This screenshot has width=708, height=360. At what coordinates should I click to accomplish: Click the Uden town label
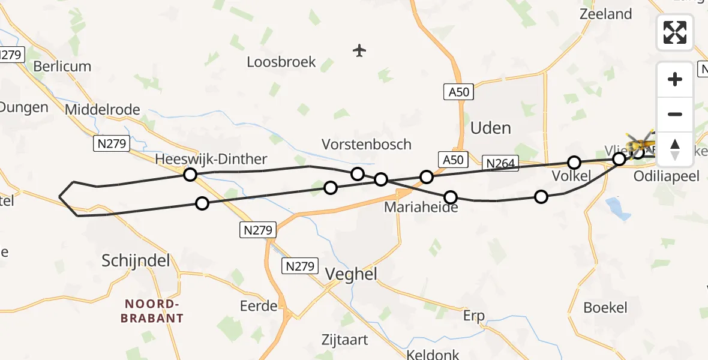click(x=491, y=128)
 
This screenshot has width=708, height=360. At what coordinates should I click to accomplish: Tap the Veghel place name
click(x=351, y=274)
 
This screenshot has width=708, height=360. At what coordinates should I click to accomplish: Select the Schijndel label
click(x=136, y=260)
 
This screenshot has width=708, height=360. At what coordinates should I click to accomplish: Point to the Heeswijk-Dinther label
click(x=211, y=159)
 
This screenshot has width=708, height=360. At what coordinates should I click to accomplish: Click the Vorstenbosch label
click(x=367, y=144)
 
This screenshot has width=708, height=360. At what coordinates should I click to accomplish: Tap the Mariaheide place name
click(x=421, y=208)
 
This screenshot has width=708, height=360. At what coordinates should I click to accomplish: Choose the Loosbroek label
click(x=281, y=62)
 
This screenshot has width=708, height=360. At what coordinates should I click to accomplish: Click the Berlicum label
click(x=62, y=66)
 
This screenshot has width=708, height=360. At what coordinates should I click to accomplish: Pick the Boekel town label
click(x=605, y=308)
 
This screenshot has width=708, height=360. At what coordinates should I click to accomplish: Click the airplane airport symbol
click(x=359, y=50)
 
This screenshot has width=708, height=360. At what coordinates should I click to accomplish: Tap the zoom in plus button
click(x=675, y=79)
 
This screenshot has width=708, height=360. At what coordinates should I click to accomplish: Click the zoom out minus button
click(x=675, y=114)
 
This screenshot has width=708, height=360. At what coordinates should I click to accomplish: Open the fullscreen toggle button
click(x=675, y=32)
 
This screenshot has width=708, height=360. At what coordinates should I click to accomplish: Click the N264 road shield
click(x=500, y=162)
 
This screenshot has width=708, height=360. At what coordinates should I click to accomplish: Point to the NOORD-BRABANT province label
click(x=152, y=311)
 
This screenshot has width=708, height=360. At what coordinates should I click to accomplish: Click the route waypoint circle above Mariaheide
click(x=450, y=197)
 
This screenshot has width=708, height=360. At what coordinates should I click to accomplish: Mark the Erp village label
click(x=473, y=316)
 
